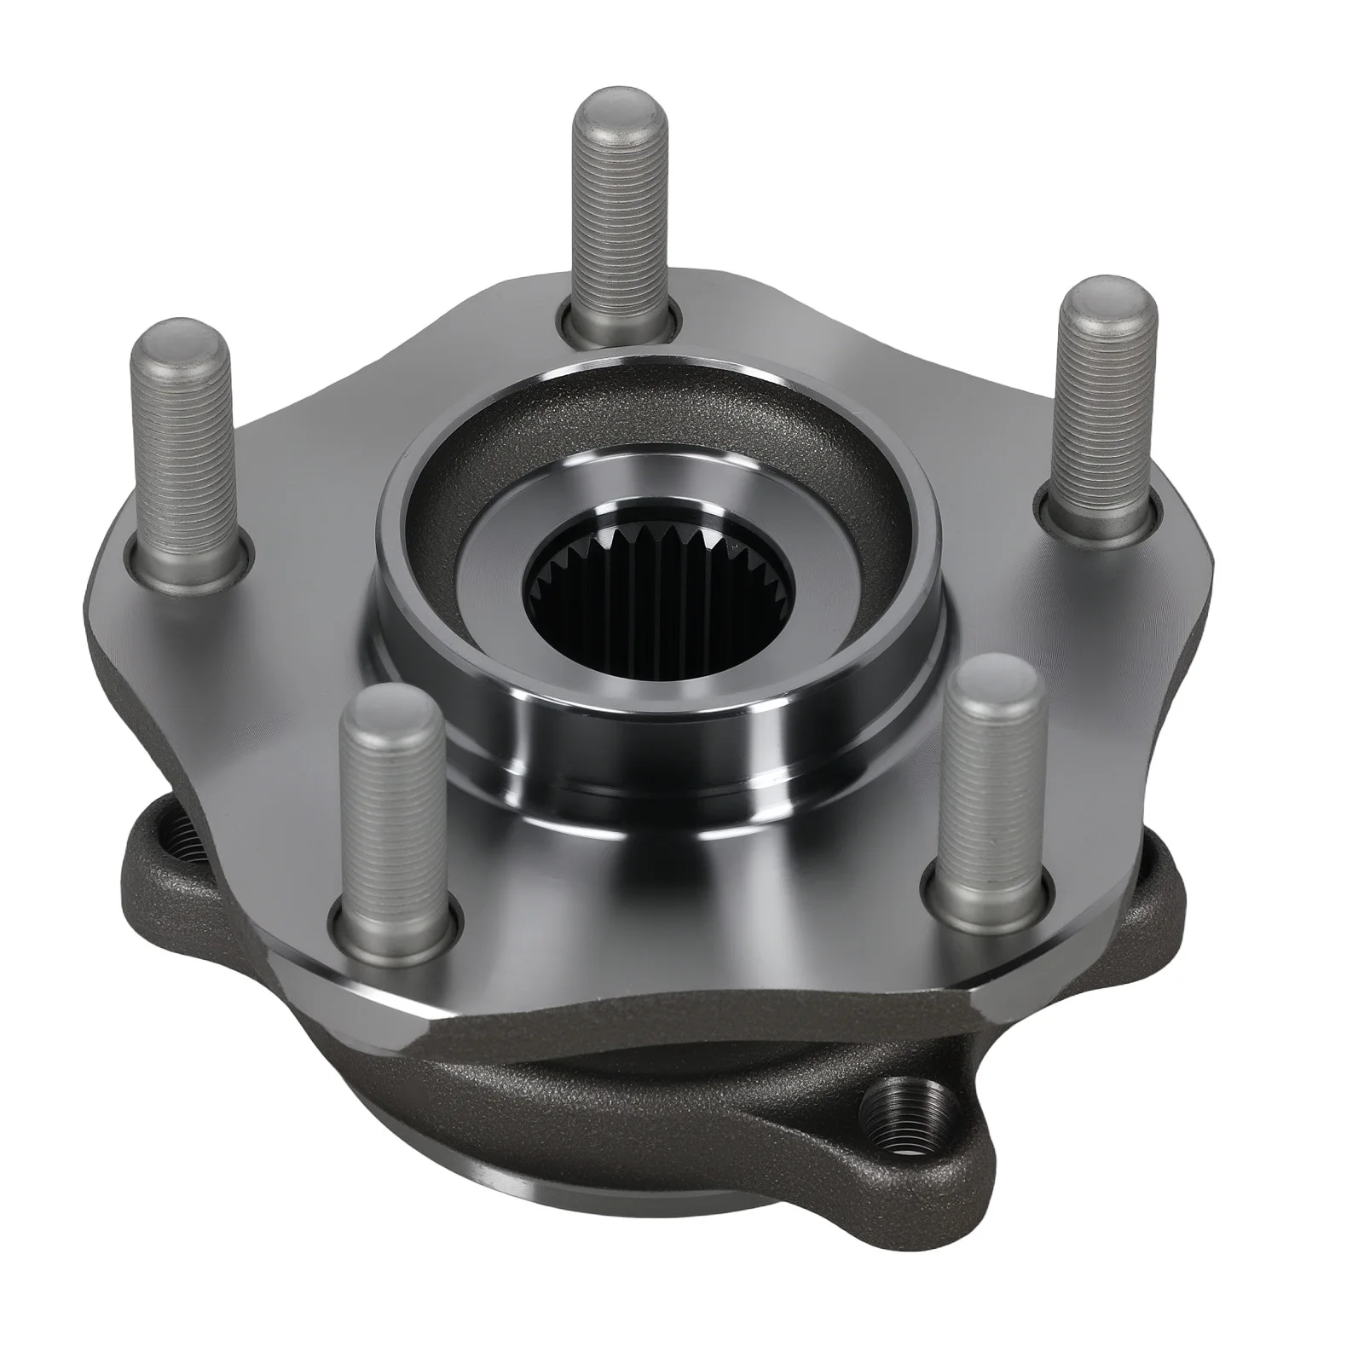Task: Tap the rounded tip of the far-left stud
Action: pos(180,341)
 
